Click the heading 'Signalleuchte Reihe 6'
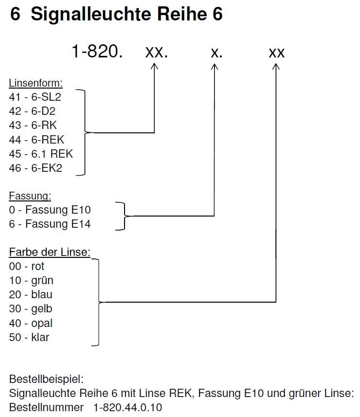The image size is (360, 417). click(126, 14)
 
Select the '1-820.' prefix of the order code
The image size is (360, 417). click(97, 51)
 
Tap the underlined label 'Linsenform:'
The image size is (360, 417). click(36, 83)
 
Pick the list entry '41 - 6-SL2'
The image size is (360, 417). click(35, 97)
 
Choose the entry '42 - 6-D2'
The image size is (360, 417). click(32, 111)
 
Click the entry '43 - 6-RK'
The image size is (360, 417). click(33, 125)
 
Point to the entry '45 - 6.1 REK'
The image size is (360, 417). click(41, 154)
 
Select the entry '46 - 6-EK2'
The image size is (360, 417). click(36, 168)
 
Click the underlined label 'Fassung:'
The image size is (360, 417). click(30, 196)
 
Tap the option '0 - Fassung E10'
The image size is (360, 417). click(50, 210)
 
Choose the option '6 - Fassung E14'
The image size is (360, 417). click(50, 224)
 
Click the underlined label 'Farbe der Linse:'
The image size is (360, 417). click(50, 252)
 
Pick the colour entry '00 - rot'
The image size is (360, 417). click(27, 266)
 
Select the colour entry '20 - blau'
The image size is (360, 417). click(31, 295)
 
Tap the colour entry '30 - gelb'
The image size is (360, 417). click(31, 309)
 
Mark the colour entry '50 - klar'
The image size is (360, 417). click(29, 337)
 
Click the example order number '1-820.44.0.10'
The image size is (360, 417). click(128, 407)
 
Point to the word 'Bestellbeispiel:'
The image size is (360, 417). click(46, 379)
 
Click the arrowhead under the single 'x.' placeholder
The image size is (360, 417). click(215, 67)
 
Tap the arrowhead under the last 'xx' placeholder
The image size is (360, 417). click(276, 67)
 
